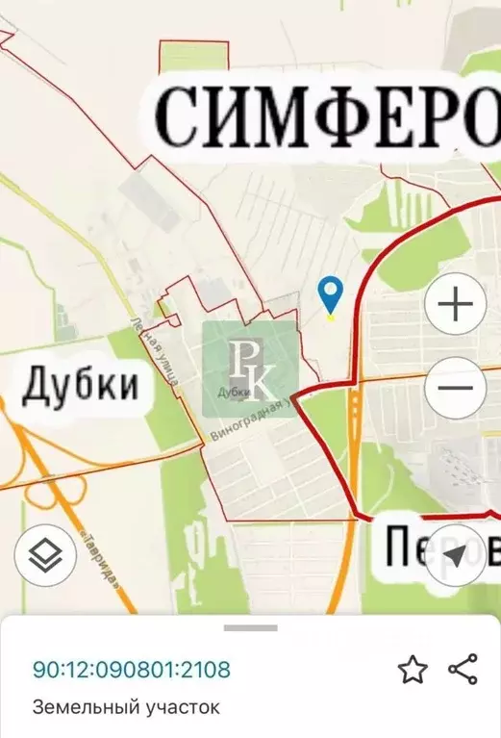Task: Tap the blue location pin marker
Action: click(x=331, y=294)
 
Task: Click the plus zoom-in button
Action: click(x=455, y=305)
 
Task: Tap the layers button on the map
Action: click(x=44, y=554)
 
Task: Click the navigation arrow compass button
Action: click(x=455, y=555)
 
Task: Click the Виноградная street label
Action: click(x=250, y=421)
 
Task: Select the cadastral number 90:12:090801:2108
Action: click(x=132, y=670)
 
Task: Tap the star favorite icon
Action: click(x=413, y=670)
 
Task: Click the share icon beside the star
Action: click(x=463, y=670)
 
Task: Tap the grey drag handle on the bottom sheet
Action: click(x=251, y=628)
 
